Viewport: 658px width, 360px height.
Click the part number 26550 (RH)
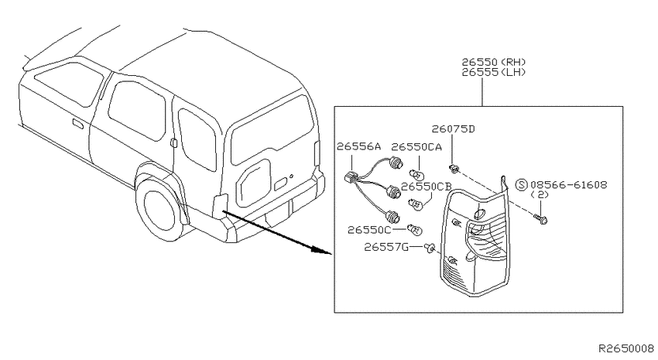tap(494, 62)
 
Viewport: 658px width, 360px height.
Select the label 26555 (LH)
tap(494, 72)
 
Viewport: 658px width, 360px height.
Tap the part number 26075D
tap(453, 129)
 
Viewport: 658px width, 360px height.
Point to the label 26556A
tap(358, 146)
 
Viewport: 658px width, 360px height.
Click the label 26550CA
tap(416, 147)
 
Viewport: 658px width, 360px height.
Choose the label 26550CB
tap(426, 187)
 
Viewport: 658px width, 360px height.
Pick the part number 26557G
tap(386, 247)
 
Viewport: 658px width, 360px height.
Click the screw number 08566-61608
tap(568, 184)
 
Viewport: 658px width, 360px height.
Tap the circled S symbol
tap(521, 184)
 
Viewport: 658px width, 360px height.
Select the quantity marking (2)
tap(540, 194)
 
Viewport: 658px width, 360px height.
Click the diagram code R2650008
tap(626, 348)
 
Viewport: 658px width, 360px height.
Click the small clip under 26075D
tap(453, 169)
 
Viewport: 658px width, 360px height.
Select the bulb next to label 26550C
tap(415, 230)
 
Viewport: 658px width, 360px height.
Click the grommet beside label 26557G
tap(429, 248)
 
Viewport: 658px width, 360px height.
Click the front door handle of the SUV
tap(77, 124)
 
